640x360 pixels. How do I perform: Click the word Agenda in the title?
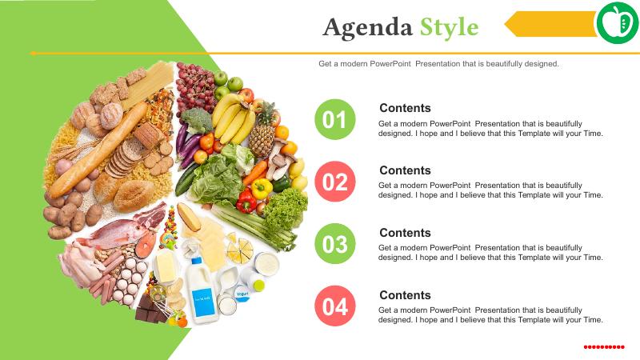[x=367, y=28]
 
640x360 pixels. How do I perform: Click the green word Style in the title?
[x=449, y=28]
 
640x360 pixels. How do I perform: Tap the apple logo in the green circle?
[x=618, y=23]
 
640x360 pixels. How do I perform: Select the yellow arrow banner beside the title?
[x=551, y=24]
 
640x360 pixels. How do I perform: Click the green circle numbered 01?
[x=335, y=119]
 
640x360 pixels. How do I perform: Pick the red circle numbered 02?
[x=335, y=182]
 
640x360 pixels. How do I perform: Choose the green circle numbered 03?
[x=335, y=244]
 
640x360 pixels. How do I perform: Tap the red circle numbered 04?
[x=335, y=306]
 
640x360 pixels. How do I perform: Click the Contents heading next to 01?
[x=405, y=108]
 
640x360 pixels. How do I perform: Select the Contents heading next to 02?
[x=405, y=170]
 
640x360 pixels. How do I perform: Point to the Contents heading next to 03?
[x=405, y=233]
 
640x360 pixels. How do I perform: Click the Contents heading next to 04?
[x=405, y=295]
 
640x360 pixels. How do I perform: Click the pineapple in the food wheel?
[x=262, y=130]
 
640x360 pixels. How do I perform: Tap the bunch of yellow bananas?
[x=233, y=118]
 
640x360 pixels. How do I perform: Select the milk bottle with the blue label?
[x=202, y=291]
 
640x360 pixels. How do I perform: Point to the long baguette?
[x=98, y=150]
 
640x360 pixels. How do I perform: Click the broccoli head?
[x=197, y=120]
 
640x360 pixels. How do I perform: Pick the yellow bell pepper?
[x=262, y=189]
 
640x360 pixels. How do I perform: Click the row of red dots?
[x=604, y=347]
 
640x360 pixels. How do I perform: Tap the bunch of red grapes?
[x=195, y=87]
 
